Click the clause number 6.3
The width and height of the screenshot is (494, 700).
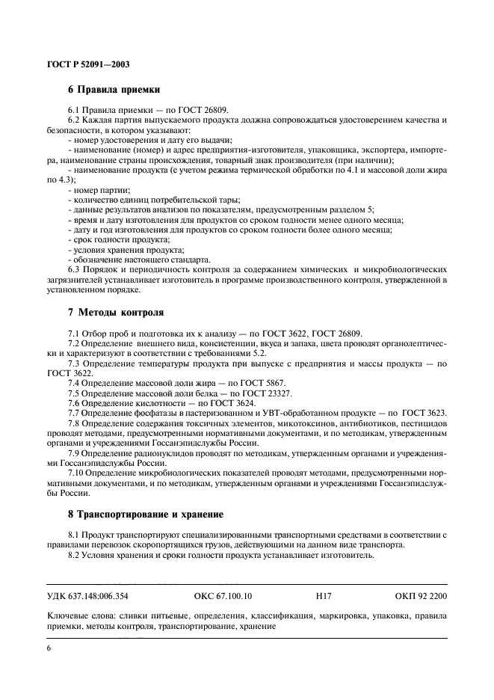pyautogui.click(x=73, y=268)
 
